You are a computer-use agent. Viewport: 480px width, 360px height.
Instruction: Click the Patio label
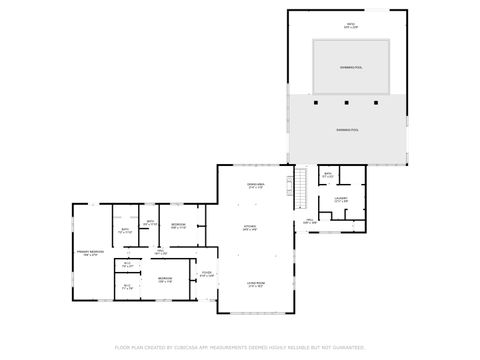[350, 24]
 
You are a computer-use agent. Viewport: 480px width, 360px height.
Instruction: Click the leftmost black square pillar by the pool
[316, 102]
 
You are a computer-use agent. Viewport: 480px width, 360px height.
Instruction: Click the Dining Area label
[255, 185]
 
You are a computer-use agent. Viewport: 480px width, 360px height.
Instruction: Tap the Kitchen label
[250, 227]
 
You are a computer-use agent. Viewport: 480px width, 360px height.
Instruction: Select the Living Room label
[255, 284]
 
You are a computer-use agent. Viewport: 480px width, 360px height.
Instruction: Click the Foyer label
[206, 273]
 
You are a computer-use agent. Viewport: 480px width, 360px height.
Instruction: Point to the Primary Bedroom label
[91, 252]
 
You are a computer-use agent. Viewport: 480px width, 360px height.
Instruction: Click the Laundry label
[340, 199]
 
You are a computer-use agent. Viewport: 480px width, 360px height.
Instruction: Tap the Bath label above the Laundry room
[328, 174]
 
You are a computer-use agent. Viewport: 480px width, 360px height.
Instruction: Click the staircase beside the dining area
[297, 188]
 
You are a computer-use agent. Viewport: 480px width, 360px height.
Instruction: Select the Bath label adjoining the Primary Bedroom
[126, 231]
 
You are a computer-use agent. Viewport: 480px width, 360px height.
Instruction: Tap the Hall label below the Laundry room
[310, 221]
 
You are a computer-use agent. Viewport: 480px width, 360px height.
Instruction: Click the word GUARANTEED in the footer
[344, 347]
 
